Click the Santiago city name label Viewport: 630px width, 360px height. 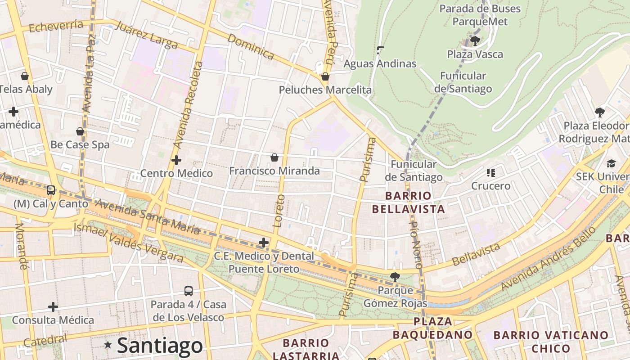click(x=160, y=346)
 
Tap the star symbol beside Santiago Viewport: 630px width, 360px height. click(x=108, y=345)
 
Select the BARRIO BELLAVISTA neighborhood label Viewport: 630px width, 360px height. click(x=408, y=202)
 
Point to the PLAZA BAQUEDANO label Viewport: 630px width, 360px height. click(x=432, y=328)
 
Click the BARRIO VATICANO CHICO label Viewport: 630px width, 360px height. click(x=551, y=342)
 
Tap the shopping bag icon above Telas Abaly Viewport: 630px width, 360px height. click(x=25, y=76)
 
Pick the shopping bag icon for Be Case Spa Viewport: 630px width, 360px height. click(x=80, y=132)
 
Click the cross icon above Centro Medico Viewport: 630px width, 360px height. click(x=176, y=160)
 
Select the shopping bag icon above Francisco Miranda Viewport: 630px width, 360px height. click(x=274, y=157)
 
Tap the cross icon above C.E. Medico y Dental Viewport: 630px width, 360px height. click(x=264, y=243)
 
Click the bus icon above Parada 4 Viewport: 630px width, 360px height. click(x=189, y=291)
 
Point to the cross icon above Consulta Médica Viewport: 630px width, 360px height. click(x=53, y=307)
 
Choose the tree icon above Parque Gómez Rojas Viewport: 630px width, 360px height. click(x=395, y=277)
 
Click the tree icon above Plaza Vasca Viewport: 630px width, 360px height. click(x=475, y=41)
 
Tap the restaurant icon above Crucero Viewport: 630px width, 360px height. click(x=490, y=173)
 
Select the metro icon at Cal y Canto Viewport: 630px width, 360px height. click(x=51, y=190)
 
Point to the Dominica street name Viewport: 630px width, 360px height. click(x=251, y=46)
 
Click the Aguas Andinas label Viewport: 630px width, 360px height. click(x=380, y=63)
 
